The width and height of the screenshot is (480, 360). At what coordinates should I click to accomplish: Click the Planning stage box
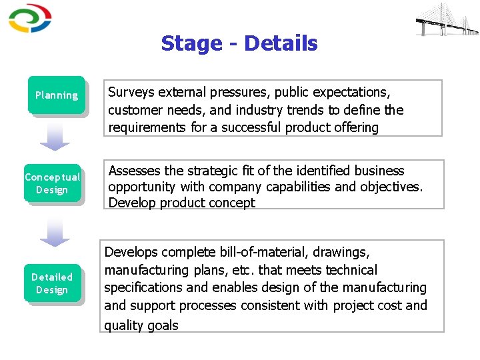click(57, 95)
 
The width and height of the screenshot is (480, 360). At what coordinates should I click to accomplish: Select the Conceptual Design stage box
click(52, 183)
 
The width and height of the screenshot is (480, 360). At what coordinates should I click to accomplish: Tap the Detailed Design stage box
click(52, 283)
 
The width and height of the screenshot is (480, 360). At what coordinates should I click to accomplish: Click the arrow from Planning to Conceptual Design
click(55, 137)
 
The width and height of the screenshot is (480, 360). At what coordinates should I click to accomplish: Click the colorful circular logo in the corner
click(29, 19)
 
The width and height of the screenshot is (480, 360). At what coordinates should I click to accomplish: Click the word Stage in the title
click(191, 44)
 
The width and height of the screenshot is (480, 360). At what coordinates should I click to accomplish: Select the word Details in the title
click(281, 44)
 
